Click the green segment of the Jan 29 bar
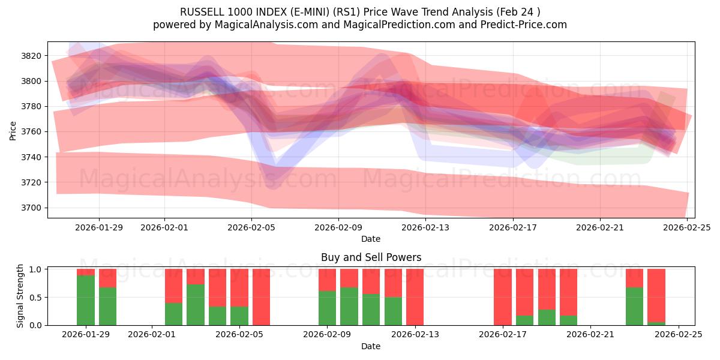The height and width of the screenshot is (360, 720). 86,300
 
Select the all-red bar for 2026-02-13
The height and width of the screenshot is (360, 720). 415,297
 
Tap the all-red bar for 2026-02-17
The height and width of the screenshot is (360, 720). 503,297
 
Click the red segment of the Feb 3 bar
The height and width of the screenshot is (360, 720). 196,277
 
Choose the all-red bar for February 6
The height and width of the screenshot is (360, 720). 261,297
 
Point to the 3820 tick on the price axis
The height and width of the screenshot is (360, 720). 31,56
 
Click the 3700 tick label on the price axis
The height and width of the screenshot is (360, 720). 31,208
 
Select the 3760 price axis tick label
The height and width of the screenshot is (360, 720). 31,131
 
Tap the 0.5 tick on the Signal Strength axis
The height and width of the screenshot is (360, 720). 35,297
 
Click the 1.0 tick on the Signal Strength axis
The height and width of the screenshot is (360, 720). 35,269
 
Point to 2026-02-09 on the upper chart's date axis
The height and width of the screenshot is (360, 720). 338,227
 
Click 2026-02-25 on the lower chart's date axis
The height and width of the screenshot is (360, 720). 678,334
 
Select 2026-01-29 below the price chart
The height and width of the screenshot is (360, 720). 99,227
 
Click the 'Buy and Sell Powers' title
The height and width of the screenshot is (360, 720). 371,257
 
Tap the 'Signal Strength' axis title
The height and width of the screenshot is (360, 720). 20,296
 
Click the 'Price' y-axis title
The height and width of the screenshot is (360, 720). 13,130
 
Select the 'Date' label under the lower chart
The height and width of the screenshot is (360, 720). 371,346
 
